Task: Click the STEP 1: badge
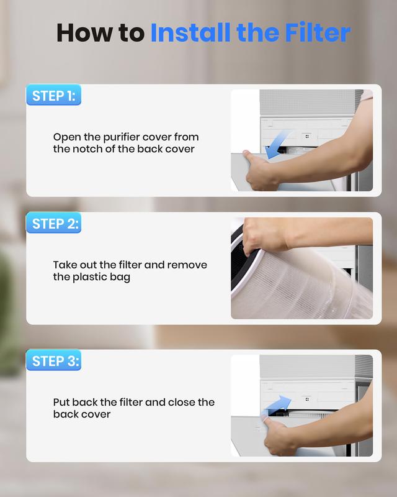coord(53,95)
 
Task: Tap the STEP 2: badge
coord(53,223)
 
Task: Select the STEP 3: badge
coord(53,360)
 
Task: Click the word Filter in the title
coord(318,32)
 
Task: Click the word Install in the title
coord(190,32)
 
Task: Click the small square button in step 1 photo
coord(307,136)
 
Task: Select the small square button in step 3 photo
coord(307,399)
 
